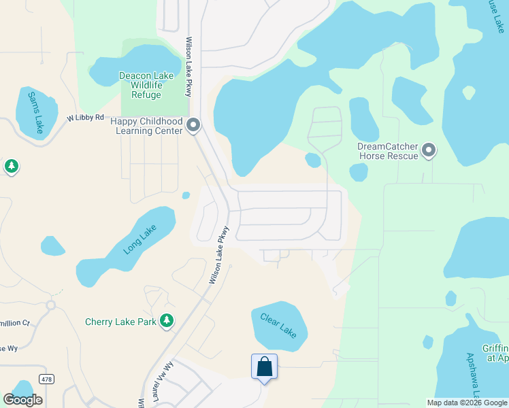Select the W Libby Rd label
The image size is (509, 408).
tap(85, 118)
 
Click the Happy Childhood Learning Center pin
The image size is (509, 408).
tap(193, 125)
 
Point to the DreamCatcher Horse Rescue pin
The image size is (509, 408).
tap(429, 150)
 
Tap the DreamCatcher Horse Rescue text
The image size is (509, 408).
tap(387, 151)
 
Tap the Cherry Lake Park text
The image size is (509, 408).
tap(120, 322)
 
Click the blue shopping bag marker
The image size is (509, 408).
tap(264, 367)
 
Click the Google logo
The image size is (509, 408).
tap(22, 400)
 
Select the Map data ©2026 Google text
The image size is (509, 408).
tap(466, 403)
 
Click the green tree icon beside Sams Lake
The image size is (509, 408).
tap(11, 166)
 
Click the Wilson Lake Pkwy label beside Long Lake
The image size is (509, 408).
tap(219, 255)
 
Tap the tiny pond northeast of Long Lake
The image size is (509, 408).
tap(186, 196)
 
